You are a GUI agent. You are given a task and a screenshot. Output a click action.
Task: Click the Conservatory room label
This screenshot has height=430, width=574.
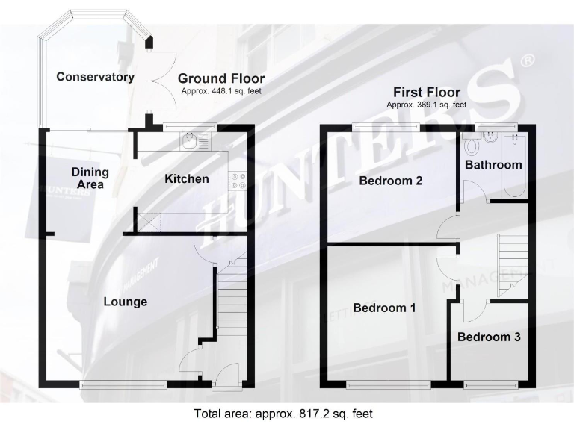(x=95, y=77)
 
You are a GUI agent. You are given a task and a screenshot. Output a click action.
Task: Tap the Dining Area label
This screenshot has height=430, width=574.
(x=90, y=178)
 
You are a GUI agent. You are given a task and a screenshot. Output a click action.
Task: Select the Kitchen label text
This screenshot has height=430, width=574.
(x=186, y=178)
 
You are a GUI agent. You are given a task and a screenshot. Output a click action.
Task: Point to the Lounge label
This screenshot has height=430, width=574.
(x=125, y=302)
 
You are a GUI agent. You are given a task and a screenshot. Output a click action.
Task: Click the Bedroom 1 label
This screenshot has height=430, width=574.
(x=384, y=307)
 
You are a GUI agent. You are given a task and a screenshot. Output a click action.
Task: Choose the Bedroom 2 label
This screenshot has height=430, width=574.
(x=390, y=181)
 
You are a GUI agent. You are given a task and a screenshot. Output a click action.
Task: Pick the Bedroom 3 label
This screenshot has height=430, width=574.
(x=489, y=337)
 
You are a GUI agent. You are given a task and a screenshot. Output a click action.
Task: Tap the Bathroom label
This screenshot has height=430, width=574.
(x=493, y=164)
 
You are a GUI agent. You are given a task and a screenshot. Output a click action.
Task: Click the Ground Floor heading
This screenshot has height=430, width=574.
(x=220, y=79)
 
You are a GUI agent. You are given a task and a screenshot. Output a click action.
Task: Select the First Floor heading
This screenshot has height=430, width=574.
(x=427, y=93)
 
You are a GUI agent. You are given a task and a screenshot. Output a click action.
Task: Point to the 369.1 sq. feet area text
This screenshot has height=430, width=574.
(x=426, y=105)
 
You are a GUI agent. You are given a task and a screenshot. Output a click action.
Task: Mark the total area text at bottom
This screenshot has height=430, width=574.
(x=283, y=412)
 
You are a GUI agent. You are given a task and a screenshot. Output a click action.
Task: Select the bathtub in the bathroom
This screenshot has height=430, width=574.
(x=515, y=166)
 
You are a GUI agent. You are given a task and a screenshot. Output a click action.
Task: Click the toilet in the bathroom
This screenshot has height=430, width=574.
(x=472, y=144)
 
